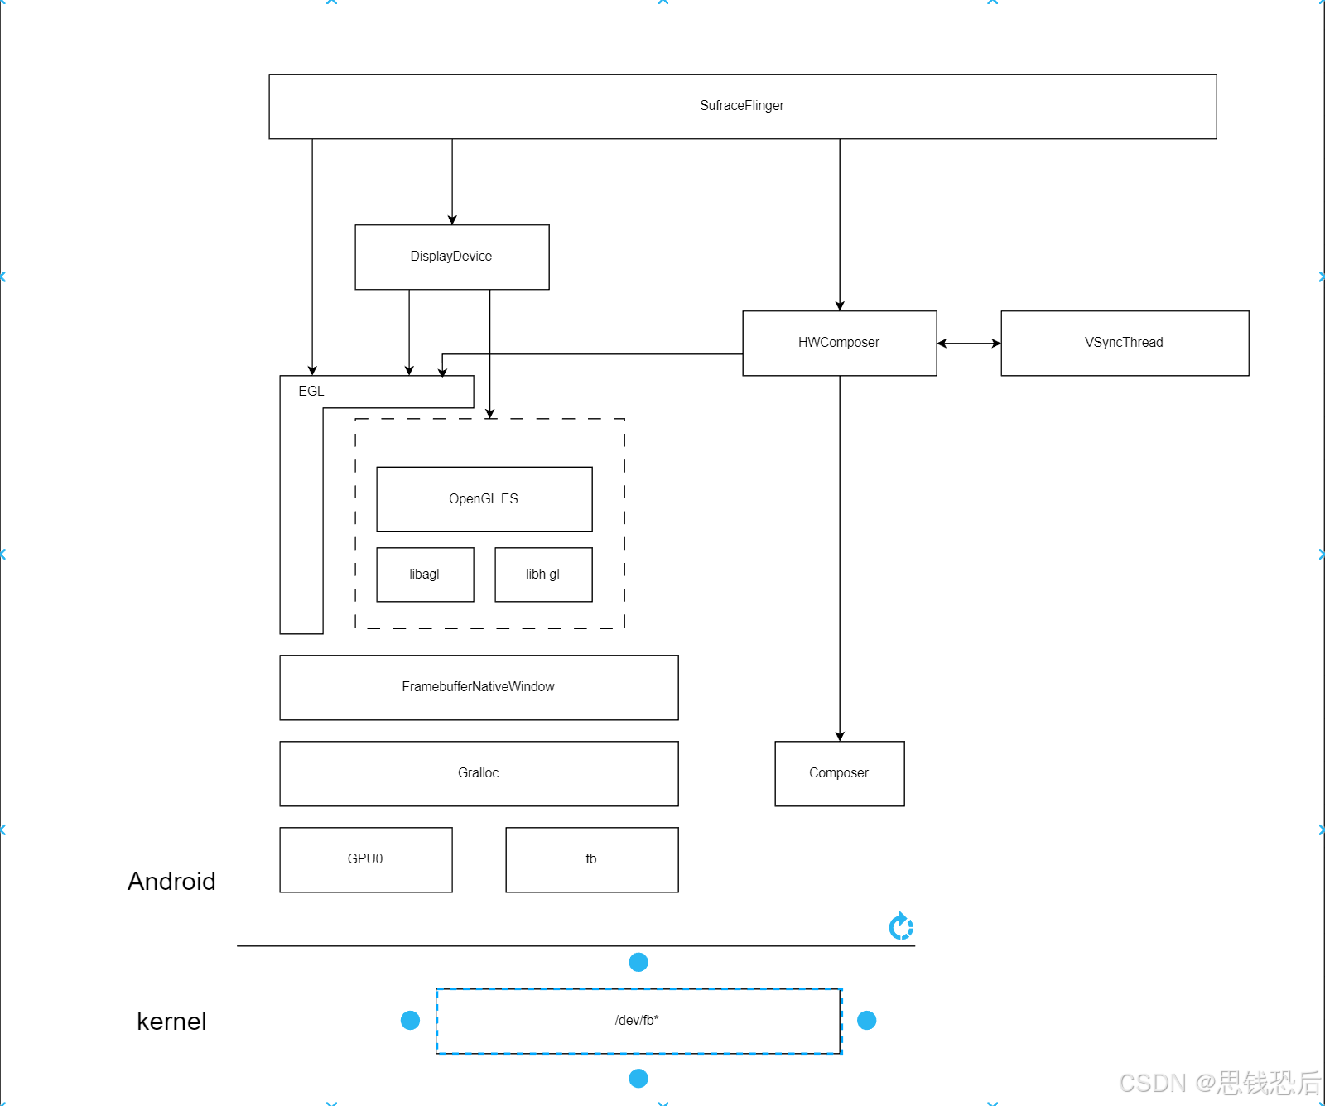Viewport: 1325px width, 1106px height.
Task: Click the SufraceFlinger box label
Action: click(x=741, y=106)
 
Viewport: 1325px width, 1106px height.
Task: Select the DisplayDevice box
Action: click(x=451, y=257)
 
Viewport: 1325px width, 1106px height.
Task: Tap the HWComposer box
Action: click(x=839, y=343)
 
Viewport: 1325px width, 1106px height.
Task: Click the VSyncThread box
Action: click(x=1124, y=343)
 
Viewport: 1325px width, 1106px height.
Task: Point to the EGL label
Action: click(x=311, y=392)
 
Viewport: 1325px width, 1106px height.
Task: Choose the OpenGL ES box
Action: click(x=484, y=499)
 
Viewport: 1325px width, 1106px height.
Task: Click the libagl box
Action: click(x=425, y=575)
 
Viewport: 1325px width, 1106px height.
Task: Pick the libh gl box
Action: click(x=543, y=575)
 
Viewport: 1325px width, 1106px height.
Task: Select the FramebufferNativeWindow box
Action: click(x=479, y=687)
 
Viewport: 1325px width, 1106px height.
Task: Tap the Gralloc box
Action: click(x=479, y=773)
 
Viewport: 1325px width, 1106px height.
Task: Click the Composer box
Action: click(x=839, y=773)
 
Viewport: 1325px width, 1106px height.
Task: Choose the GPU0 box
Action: click(x=365, y=859)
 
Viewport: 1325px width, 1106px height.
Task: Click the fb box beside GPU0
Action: click(x=591, y=859)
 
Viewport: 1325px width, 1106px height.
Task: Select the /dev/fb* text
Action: click(x=637, y=1021)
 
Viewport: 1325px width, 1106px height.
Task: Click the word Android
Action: click(x=171, y=882)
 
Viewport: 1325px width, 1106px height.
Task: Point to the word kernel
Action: click(x=171, y=1022)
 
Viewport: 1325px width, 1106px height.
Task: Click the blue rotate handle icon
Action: click(x=901, y=926)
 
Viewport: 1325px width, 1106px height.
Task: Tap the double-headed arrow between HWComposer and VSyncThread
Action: click(x=969, y=344)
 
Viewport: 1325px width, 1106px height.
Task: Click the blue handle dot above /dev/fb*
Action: click(x=638, y=962)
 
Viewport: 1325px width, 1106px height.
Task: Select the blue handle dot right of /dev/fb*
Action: click(x=867, y=1021)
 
